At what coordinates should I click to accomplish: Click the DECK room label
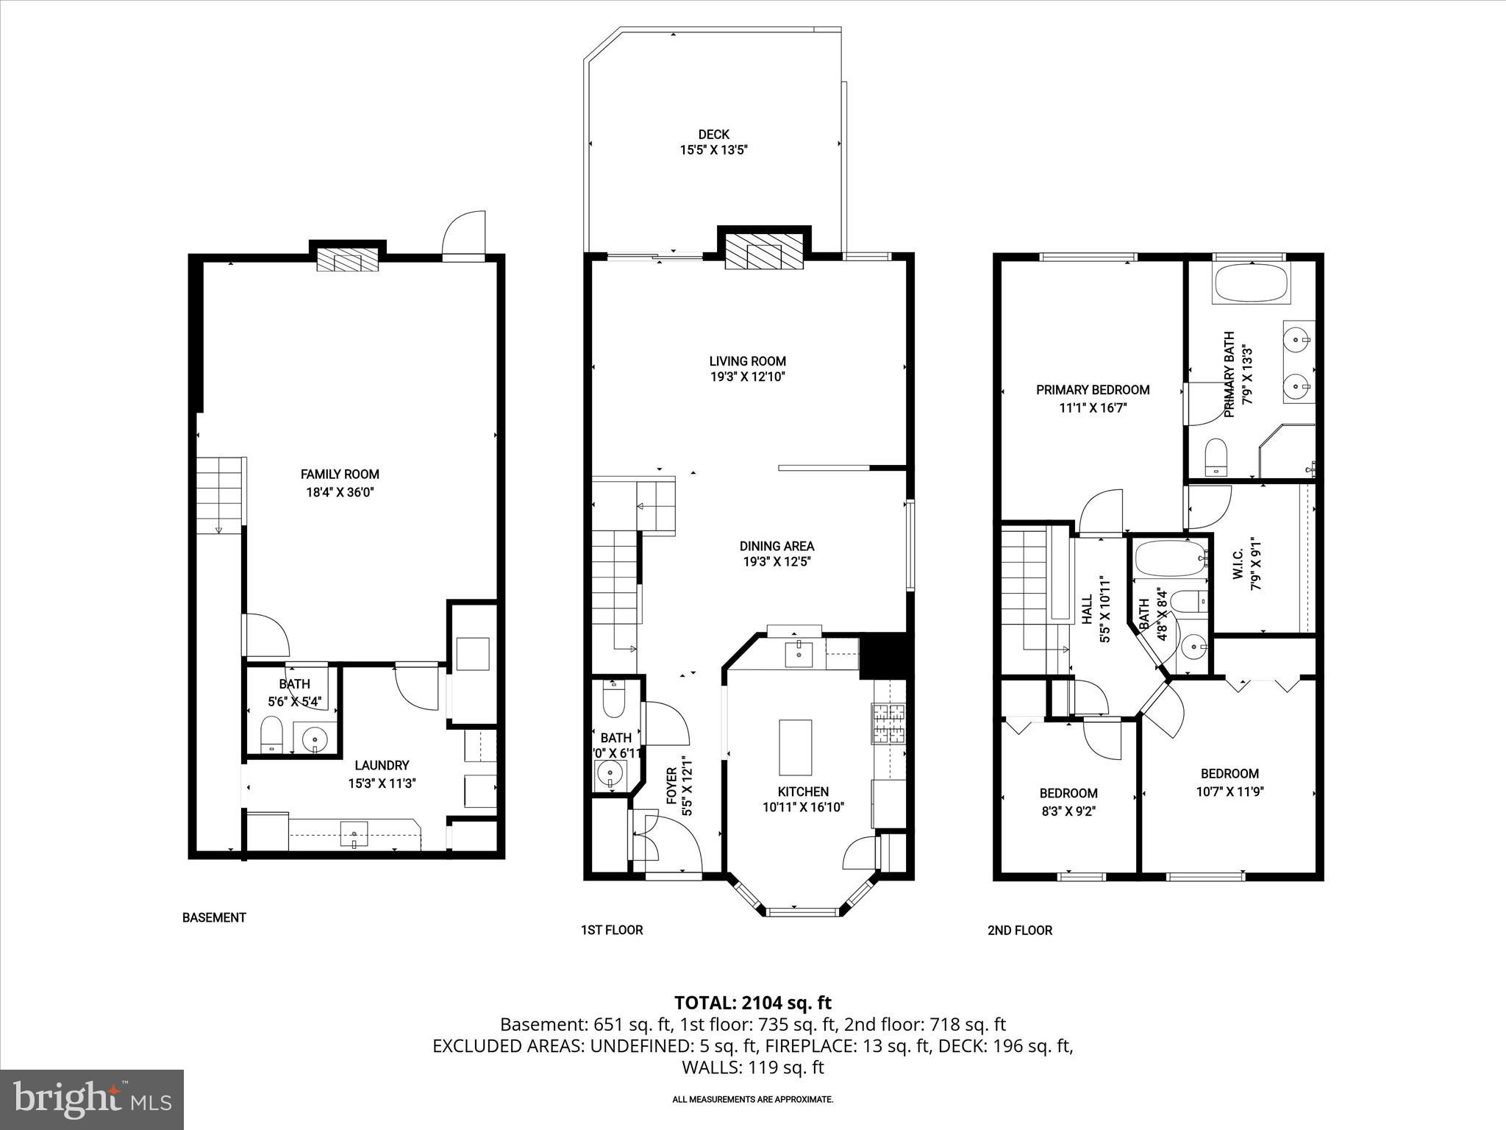pyautogui.click(x=713, y=135)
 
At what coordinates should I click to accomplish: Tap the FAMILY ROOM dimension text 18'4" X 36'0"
pyautogui.click(x=340, y=493)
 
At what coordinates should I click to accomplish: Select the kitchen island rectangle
pyautogui.click(x=796, y=747)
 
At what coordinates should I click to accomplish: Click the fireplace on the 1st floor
pyautogui.click(x=764, y=253)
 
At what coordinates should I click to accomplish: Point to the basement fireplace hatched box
pyautogui.click(x=347, y=260)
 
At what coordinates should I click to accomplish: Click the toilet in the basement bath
pyautogui.click(x=271, y=734)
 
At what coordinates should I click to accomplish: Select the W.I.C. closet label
pyautogui.click(x=1238, y=564)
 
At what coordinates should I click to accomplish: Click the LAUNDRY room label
pyautogui.click(x=381, y=766)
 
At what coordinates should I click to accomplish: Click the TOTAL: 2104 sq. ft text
pyautogui.click(x=752, y=1003)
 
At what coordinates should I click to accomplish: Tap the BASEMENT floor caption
pyautogui.click(x=214, y=917)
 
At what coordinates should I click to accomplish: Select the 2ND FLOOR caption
pyautogui.click(x=1019, y=930)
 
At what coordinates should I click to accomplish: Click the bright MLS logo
pyautogui.click(x=92, y=1099)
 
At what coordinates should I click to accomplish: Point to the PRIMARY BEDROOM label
pyautogui.click(x=1093, y=390)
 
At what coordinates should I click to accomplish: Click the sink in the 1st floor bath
pyautogui.click(x=610, y=774)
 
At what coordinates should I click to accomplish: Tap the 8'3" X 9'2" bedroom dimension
pyautogui.click(x=1068, y=811)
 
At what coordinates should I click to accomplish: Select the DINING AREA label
pyautogui.click(x=777, y=546)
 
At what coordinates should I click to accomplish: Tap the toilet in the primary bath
pyautogui.click(x=1217, y=457)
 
